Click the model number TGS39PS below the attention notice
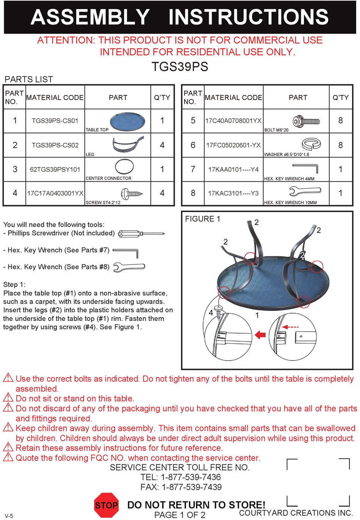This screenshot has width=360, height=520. pos(180,67)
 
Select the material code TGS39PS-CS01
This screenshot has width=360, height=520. pos(55,121)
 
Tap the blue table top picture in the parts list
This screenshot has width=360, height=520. pos(127,121)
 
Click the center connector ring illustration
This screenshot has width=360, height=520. pos(124,167)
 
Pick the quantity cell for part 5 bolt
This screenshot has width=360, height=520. pos(340,120)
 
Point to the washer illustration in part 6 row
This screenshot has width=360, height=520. pos(311,144)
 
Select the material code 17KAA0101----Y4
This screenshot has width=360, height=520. pos(233,169)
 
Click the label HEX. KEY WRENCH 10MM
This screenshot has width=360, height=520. pos(290,203)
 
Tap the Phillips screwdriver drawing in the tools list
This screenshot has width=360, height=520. pos(141,234)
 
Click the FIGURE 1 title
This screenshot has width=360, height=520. pos(202,219)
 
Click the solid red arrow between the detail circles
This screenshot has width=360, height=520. pos(260,335)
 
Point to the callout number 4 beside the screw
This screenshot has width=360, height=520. pos(211,313)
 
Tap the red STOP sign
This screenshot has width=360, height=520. pos(106,505)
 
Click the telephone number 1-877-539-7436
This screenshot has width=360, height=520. pos(191,477)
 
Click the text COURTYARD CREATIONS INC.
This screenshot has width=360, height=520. pos(296,513)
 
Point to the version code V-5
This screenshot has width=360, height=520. pos(9,516)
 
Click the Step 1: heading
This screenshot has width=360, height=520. pos(14,284)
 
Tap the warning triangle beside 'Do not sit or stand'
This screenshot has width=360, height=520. pos(8,397)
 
